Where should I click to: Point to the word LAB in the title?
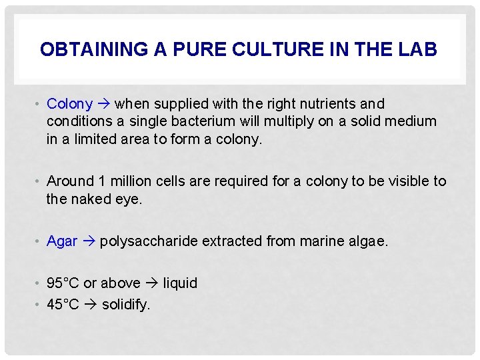point(417,50)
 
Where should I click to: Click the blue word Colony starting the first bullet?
point(69,104)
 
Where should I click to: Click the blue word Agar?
point(62,241)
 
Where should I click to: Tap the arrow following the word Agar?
point(89,241)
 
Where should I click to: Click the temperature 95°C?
point(63,283)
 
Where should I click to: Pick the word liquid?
point(180,283)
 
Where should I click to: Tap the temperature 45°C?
point(63,305)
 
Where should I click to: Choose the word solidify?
point(126,305)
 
